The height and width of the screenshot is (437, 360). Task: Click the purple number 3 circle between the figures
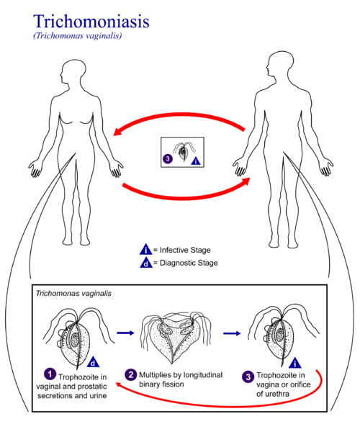click(x=168, y=159)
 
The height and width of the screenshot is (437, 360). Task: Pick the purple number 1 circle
click(x=50, y=374)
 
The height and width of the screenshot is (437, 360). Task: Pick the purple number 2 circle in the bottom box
click(x=131, y=374)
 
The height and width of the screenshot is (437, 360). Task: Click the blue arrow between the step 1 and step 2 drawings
click(x=125, y=333)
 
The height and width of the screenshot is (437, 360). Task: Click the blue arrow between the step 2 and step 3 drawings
click(x=231, y=333)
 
